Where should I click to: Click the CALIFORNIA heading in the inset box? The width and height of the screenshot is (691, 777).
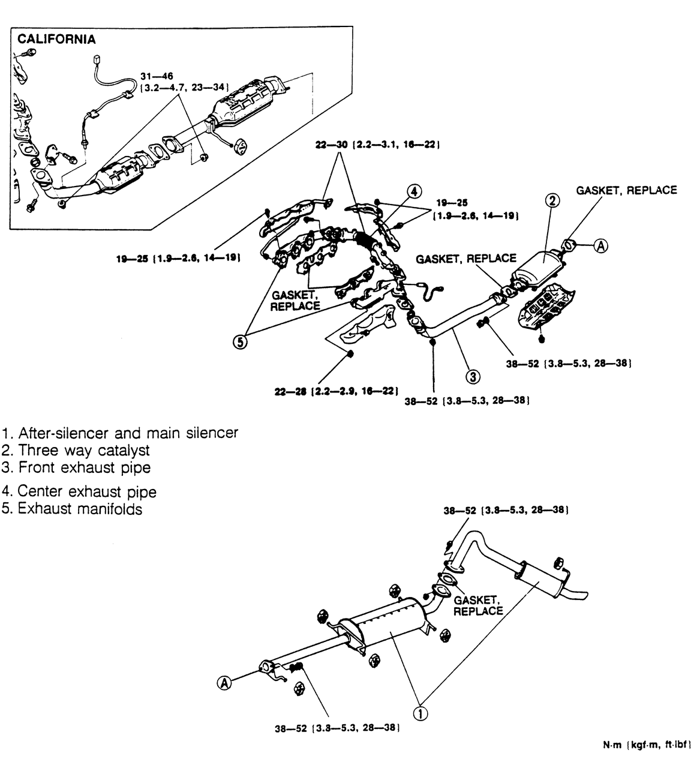pyautogui.click(x=56, y=40)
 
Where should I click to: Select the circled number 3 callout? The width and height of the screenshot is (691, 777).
pyautogui.click(x=473, y=376)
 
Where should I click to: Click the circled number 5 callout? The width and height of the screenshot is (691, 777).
pyautogui.click(x=240, y=342)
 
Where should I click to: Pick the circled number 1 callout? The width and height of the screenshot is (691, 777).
pyautogui.click(x=422, y=713)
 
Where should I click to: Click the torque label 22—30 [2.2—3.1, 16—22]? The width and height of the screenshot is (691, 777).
pyautogui.click(x=372, y=145)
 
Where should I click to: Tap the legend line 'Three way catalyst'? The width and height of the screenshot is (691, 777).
pyautogui.click(x=76, y=449)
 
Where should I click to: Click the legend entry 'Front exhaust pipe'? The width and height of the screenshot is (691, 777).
pyautogui.click(x=76, y=467)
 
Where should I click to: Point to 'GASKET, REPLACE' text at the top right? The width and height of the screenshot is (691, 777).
pyautogui.click(x=626, y=190)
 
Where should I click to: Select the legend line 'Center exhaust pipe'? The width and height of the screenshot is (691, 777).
pyautogui.click(x=79, y=492)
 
